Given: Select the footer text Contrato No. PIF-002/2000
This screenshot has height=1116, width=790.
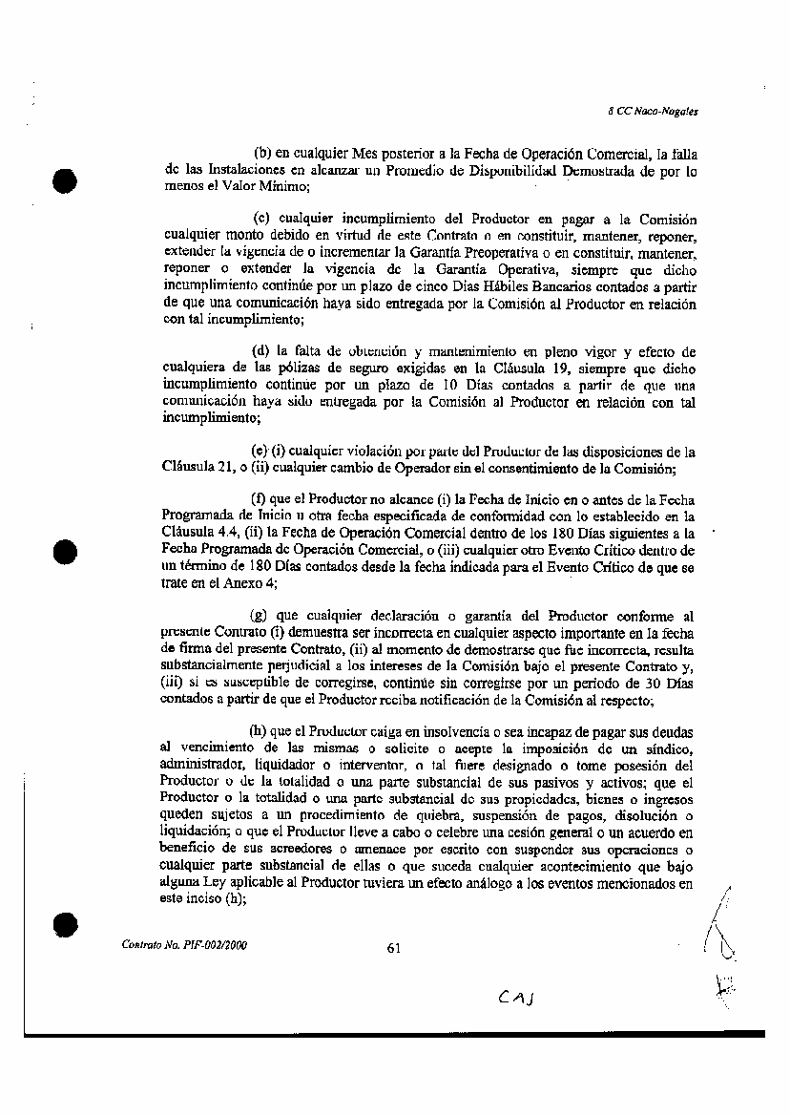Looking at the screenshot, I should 185,944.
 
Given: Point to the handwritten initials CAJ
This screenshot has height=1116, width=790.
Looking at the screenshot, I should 516,998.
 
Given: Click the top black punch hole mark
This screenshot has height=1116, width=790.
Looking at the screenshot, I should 64,181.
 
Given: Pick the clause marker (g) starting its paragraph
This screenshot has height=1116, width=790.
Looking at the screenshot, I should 259,616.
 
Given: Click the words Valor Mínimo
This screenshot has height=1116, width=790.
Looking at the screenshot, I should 243,186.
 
